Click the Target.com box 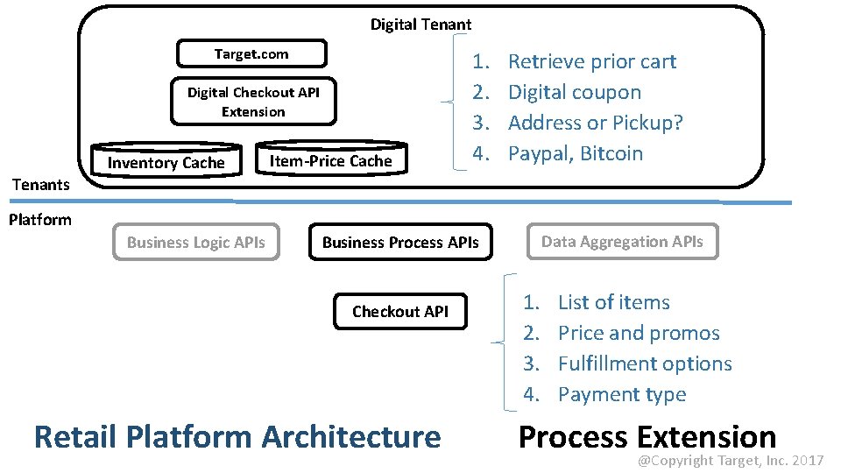(251, 54)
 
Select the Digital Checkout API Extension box (253, 102)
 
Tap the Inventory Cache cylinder (166, 162)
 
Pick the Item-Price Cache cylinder (331, 159)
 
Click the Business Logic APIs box (196, 243)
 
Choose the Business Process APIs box (400, 243)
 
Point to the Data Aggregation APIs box (622, 242)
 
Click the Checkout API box (399, 311)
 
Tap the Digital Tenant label (420, 25)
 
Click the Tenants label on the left (40, 184)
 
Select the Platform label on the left (40, 219)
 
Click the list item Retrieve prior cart (592, 61)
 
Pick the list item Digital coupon (575, 92)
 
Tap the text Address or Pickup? (596, 123)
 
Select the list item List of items (613, 302)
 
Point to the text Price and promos (639, 333)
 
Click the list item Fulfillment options (645, 364)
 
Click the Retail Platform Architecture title (237, 436)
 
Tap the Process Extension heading (647, 436)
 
